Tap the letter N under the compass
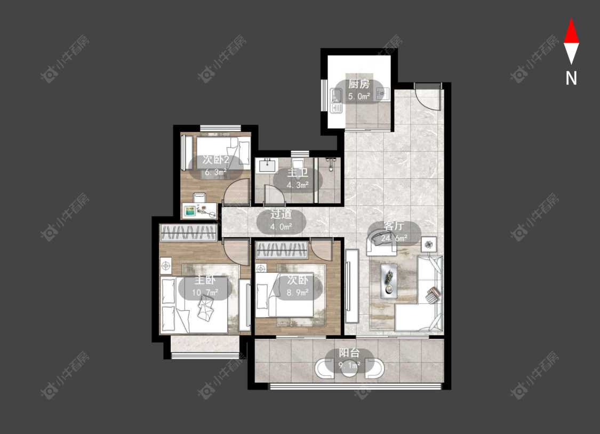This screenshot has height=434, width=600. coord(571,78)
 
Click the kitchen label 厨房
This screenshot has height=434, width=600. coord(359,84)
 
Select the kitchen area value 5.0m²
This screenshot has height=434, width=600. coord(359,96)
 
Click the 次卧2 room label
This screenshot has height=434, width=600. coord(216,160)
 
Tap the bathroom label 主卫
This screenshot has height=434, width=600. coord(298,173)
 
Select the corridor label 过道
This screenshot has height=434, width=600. coord(281,214)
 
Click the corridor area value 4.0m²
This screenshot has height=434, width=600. coord(281,227)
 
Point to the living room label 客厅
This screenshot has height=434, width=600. coord(394,226)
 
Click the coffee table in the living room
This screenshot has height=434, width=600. coord(389,281)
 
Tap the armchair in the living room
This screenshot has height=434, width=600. coord(381,242)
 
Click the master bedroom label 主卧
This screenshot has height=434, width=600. coord(205,280)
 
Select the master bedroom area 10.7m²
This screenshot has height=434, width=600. coord(205,293)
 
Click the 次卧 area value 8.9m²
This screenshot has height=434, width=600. coord(298,293)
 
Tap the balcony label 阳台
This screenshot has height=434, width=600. coord(349,353)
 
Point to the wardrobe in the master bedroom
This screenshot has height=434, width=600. coord(188,233)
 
